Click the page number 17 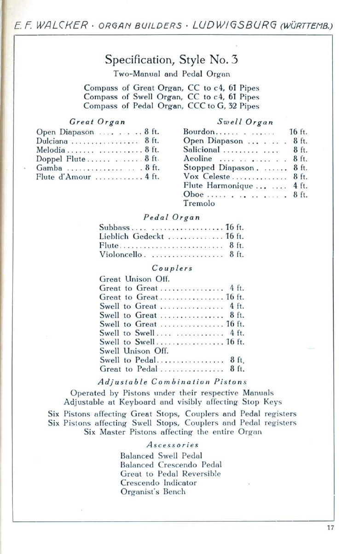pos(330,527)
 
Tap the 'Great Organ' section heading pos(97,122)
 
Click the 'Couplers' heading pos(172,268)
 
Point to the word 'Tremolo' pos(199,203)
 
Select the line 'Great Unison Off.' pos(135,279)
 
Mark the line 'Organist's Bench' pos(153,492)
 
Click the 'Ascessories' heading pos(173,445)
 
